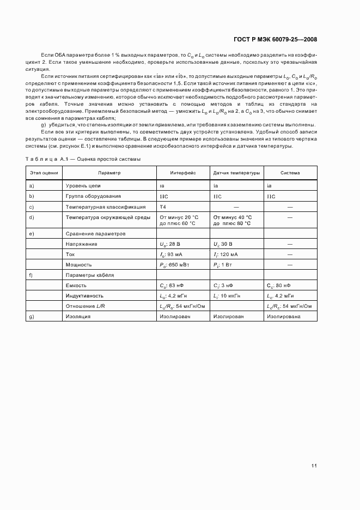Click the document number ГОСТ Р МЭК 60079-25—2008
275,39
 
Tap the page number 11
314,465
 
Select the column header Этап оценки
44,173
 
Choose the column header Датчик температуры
236,173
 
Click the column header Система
290,173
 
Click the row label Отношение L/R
86,306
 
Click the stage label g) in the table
32,316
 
